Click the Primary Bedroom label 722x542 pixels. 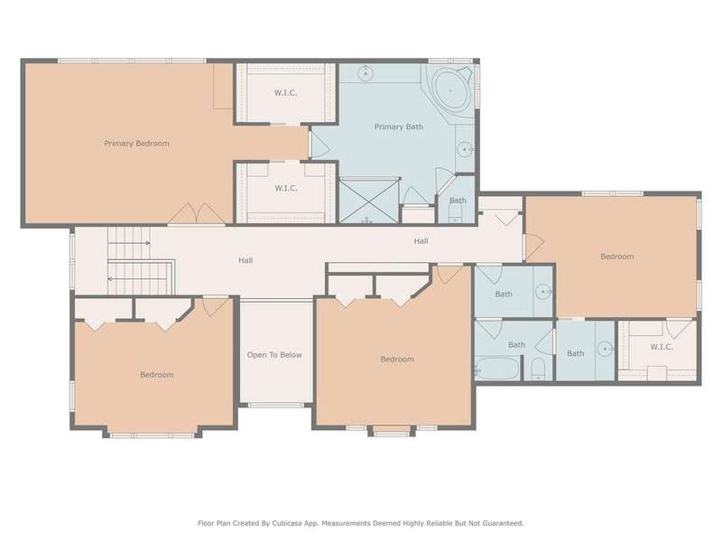(137, 144)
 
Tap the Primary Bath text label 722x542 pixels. (399, 126)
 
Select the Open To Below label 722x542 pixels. (274, 355)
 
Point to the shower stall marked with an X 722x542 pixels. (369, 201)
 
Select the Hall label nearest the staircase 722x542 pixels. (245, 260)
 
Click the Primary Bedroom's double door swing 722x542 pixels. (197, 214)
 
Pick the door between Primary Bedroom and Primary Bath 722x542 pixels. (319, 145)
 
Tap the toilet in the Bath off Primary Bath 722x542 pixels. (456, 213)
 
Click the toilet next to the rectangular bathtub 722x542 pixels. (538, 369)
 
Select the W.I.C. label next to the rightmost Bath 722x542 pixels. (662, 347)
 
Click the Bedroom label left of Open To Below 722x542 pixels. (157, 375)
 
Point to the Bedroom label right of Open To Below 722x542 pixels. (397, 359)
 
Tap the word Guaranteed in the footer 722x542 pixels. (504, 523)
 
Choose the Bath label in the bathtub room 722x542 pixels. (516, 345)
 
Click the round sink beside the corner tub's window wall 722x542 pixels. (465, 149)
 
